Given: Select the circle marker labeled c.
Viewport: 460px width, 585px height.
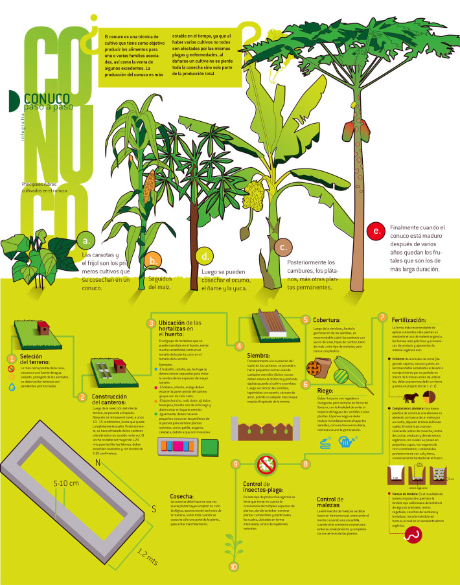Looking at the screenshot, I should point(282,247).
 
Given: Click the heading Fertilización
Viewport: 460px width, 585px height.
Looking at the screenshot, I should point(409,320).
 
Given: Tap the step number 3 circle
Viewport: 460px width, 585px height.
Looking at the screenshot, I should point(151,323).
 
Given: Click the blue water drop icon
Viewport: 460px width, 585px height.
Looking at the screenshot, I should point(12,388).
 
